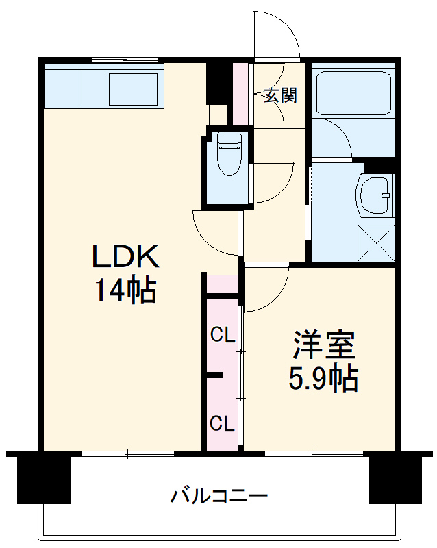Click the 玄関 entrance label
[x=281, y=95]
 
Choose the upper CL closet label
[x=223, y=335]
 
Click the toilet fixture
[x=228, y=155]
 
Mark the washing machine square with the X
[x=377, y=242]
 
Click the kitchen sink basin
[x=134, y=86]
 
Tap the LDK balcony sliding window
[x=127, y=453]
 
